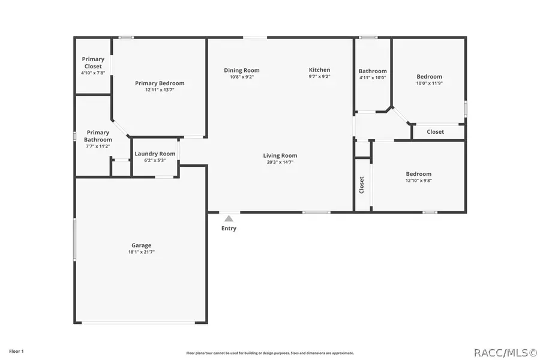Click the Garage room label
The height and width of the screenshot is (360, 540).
tap(141, 245)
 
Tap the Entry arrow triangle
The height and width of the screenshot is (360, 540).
tap(229, 219)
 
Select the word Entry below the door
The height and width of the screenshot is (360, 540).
tap(229, 228)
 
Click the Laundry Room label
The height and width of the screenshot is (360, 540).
tap(155, 154)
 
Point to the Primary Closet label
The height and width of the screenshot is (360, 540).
tap(93, 62)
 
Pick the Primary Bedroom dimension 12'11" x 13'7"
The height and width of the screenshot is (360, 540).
tap(160, 90)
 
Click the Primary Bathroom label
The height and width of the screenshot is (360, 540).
tap(98, 136)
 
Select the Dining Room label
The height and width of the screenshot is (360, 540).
tap(242, 70)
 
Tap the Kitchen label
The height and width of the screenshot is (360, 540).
tap(319, 70)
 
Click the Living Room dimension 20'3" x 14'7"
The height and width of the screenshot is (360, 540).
tap(280, 162)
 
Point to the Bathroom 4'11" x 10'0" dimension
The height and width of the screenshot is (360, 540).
tap(373, 77)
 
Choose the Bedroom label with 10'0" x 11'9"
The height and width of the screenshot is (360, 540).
tap(429, 76)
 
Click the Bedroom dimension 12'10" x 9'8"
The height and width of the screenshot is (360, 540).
tap(418, 180)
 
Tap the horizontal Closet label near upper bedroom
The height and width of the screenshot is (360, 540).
tap(435, 132)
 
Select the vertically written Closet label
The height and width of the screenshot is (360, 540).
tap(362, 185)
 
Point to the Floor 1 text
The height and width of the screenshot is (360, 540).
tap(16, 350)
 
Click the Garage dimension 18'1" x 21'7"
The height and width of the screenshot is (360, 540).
tap(141, 252)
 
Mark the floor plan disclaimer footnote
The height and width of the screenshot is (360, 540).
tap(270, 353)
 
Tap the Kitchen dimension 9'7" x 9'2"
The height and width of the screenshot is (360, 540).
tap(319, 77)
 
